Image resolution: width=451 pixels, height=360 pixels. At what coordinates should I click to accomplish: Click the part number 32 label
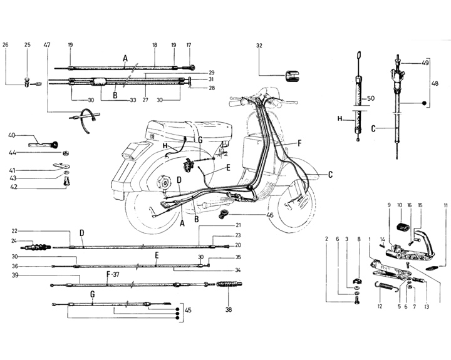(x=259, y=46)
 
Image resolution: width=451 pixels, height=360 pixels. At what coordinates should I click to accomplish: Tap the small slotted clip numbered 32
(x=291, y=76)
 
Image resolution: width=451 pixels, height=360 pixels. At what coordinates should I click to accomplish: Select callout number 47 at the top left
(x=47, y=45)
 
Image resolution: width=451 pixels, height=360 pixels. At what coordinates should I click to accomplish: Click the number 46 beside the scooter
(x=270, y=215)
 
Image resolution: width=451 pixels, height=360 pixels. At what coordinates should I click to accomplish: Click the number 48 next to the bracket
(x=435, y=83)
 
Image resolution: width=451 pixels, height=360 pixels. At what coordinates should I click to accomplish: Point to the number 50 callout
(x=371, y=98)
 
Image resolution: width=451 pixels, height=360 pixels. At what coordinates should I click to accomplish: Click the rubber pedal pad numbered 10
(x=403, y=227)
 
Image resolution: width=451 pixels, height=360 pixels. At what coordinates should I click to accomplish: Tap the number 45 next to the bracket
(x=188, y=311)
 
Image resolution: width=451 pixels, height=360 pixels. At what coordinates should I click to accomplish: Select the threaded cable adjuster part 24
(x=36, y=247)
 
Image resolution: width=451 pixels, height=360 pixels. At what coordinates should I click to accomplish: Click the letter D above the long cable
(x=82, y=233)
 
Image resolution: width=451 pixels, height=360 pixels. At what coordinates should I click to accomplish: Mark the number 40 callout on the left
(x=12, y=135)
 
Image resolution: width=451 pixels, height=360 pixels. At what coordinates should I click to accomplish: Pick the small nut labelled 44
(x=66, y=153)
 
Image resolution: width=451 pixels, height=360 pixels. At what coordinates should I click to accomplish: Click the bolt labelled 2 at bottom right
(x=357, y=301)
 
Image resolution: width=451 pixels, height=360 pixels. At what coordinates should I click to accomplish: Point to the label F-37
(x=113, y=275)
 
